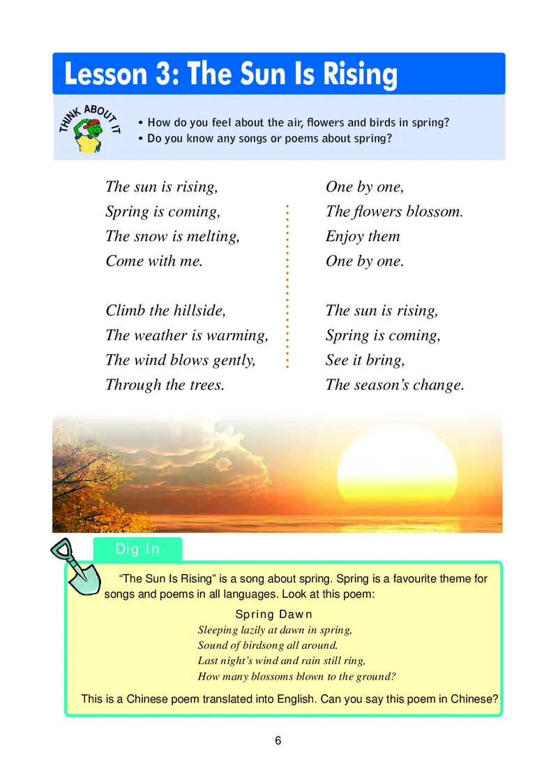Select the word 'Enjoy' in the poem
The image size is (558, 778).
tap(345, 236)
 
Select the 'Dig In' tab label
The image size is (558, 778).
tap(137, 549)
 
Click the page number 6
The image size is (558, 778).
tap(278, 741)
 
